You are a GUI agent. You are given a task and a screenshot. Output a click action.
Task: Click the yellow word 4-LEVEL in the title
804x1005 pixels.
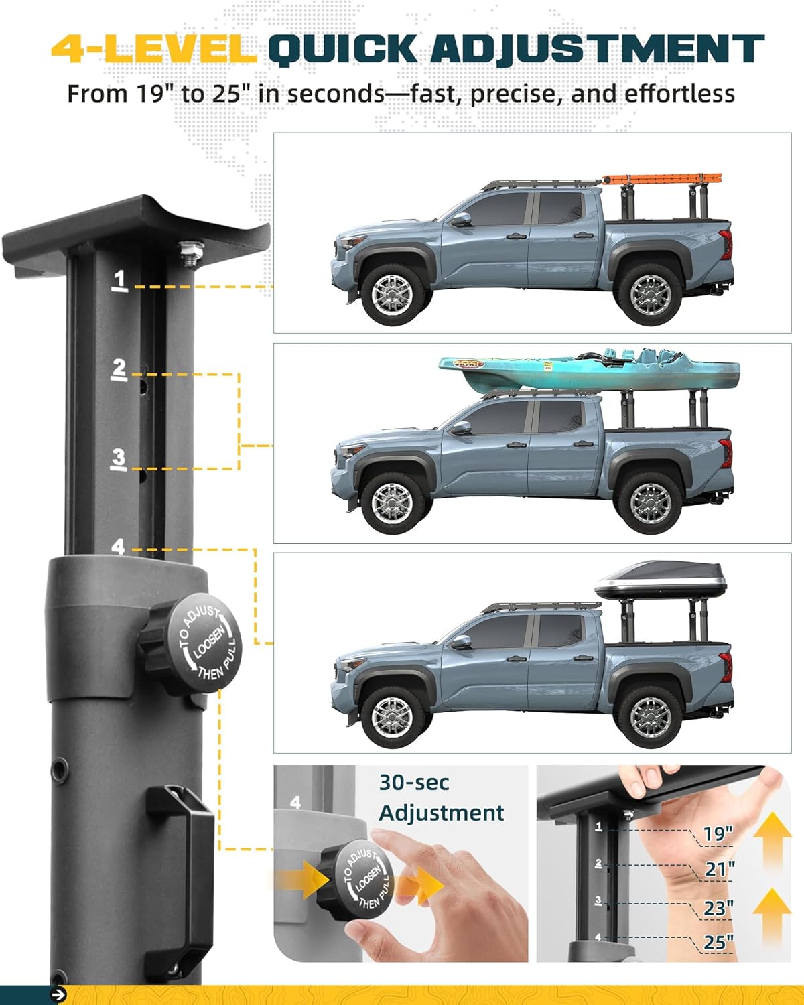pos(153,49)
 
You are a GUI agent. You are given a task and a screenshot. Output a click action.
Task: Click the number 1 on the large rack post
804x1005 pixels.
pos(120,279)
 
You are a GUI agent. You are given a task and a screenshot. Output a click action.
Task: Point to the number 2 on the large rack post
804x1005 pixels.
pos(119,369)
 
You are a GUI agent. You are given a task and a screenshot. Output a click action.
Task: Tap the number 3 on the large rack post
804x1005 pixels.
pos(119,459)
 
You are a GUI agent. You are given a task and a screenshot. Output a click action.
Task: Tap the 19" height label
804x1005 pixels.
pos(718,834)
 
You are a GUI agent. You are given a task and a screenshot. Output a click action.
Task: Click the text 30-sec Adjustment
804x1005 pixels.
pos(440,797)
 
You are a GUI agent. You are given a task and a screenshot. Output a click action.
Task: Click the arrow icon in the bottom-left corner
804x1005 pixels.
pos(58,995)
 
